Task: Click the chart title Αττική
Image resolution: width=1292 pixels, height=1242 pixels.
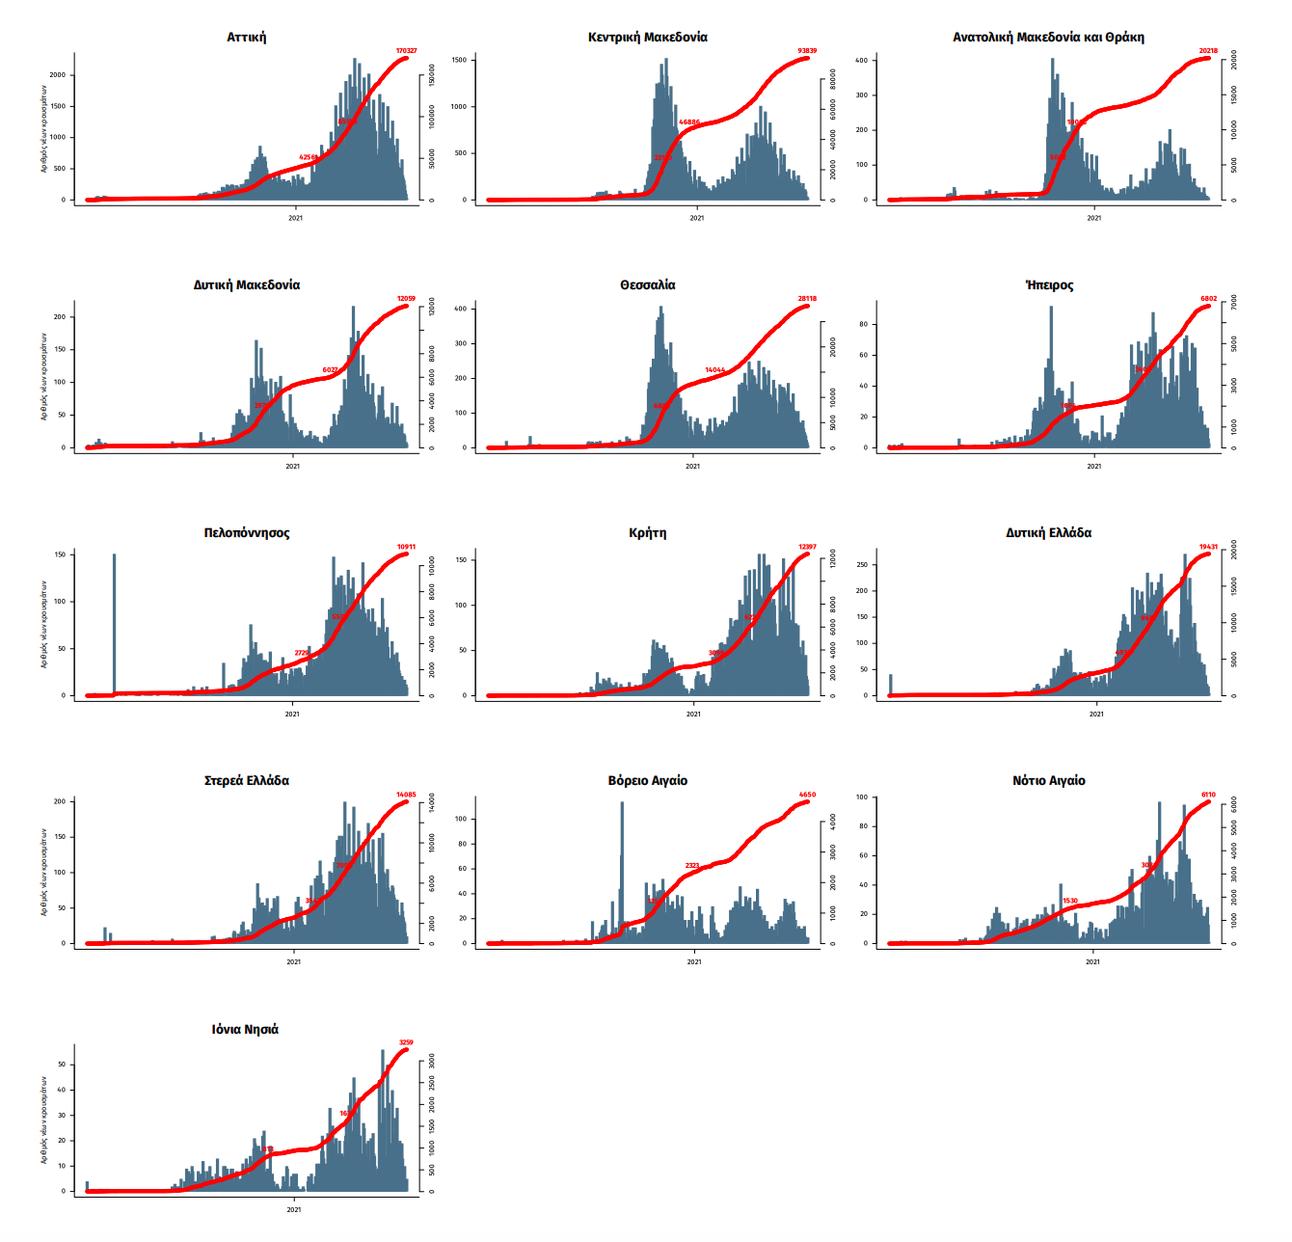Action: [247, 38]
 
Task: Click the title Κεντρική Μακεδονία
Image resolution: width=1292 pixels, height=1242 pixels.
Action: [647, 38]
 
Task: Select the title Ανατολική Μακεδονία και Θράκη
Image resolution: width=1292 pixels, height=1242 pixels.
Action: [1048, 38]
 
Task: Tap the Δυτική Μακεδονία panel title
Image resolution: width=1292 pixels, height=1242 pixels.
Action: [247, 285]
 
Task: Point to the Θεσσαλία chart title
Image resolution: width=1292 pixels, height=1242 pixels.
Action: [647, 285]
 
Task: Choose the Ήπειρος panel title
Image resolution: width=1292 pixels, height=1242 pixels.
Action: [1049, 285]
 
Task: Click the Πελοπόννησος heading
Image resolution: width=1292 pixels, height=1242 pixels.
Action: [247, 533]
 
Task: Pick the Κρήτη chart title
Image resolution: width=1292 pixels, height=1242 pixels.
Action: [647, 533]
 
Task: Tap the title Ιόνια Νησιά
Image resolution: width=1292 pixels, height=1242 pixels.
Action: [246, 1030]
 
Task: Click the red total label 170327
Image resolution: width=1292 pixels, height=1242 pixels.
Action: [406, 51]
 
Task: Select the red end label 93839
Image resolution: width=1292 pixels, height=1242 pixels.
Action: [807, 51]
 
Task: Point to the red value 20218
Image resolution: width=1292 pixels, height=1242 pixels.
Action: [1208, 51]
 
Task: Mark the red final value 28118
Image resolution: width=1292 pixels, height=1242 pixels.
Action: [807, 299]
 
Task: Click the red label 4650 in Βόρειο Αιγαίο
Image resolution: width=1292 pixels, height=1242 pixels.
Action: [807, 796]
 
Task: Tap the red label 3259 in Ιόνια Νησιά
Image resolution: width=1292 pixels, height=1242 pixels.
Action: [406, 1042]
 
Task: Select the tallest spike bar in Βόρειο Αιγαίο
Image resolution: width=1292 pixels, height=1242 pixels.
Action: [622, 868]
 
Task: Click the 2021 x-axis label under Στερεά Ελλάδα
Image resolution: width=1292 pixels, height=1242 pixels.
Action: [294, 961]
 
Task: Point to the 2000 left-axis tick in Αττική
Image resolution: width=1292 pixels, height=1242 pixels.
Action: [58, 75]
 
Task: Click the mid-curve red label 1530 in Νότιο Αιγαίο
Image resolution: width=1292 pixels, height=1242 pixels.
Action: [1070, 902]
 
